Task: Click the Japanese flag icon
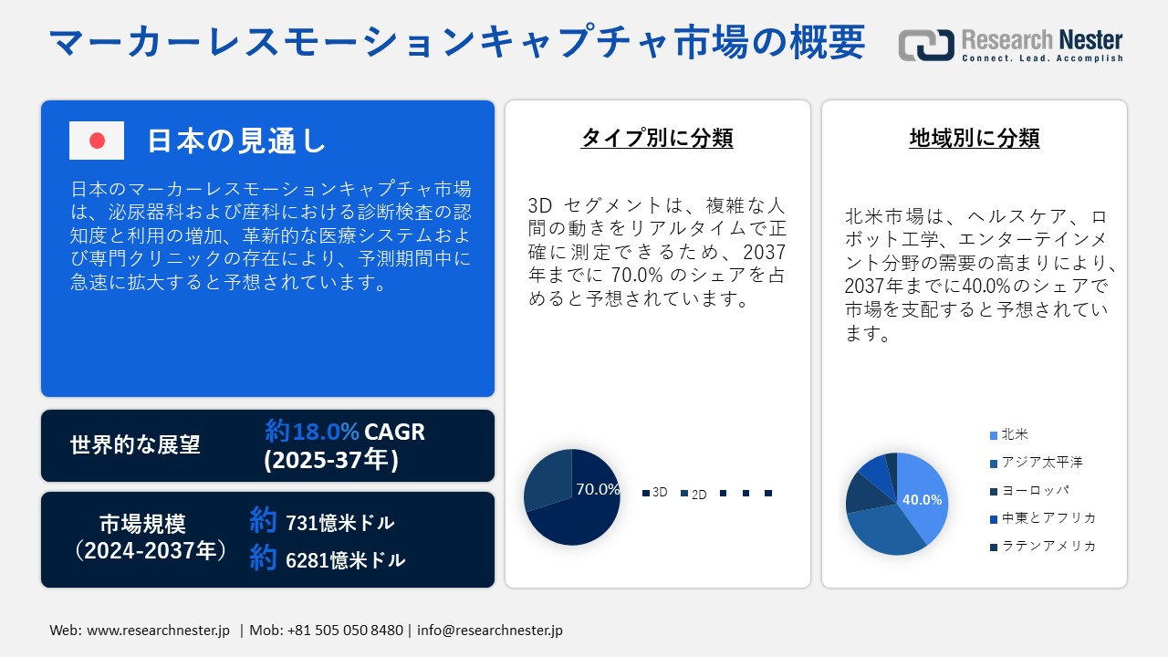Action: click(97, 141)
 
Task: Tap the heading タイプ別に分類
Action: click(657, 138)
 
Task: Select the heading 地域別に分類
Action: click(974, 138)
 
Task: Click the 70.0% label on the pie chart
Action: click(598, 489)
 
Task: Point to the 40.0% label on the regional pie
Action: click(922, 500)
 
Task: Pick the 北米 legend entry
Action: click(1014, 434)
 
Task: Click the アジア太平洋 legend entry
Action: click(1041, 463)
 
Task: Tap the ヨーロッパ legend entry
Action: click(1035, 490)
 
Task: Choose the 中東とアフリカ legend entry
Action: click(1048, 518)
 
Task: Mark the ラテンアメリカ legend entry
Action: click(1048, 546)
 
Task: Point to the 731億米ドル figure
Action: click(339, 523)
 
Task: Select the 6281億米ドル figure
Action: click(345, 559)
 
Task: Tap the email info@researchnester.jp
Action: click(489, 631)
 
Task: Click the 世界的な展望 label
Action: click(135, 445)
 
